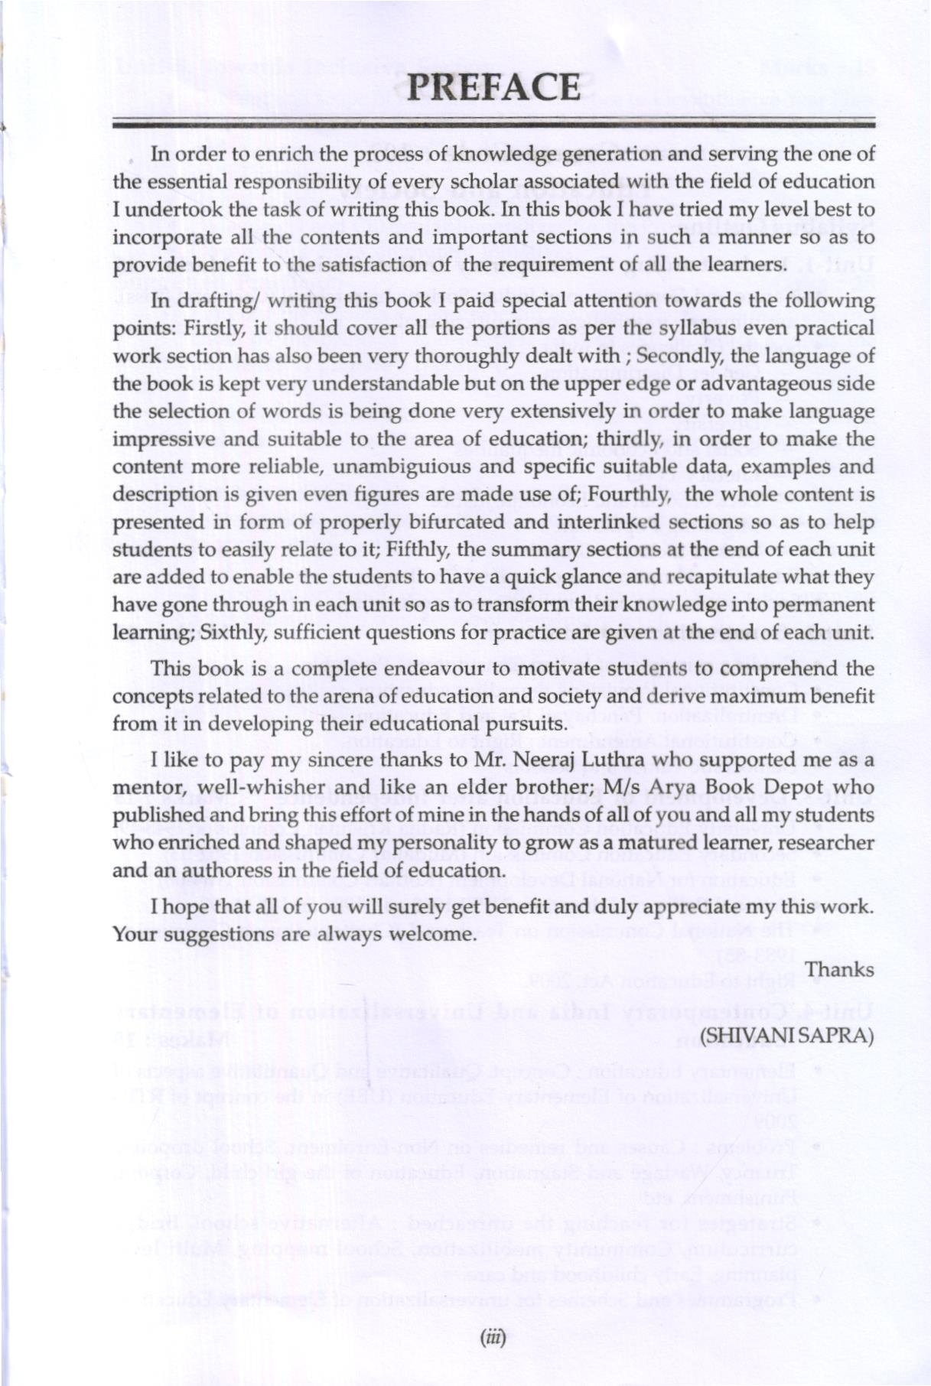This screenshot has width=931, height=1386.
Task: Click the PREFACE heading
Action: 493,87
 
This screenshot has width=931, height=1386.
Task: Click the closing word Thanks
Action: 839,970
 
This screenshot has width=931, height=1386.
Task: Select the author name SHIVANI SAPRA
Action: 787,1035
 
